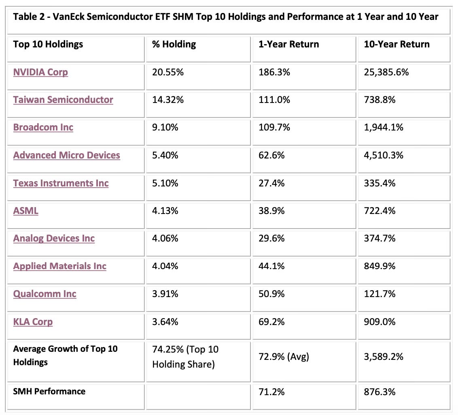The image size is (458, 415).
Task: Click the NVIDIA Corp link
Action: tap(40, 72)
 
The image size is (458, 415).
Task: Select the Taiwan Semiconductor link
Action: tap(63, 100)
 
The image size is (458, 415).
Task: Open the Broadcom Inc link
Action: tap(43, 127)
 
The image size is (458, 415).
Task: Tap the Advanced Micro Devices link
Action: tap(67, 155)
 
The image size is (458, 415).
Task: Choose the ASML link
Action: tap(26, 211)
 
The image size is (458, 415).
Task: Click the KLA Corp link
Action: tap(33, 322)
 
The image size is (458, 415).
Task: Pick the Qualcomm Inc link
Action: tap(45, 294)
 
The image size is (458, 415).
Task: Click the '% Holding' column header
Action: tap(174, 44)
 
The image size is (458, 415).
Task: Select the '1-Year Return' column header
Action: tap(289, 44)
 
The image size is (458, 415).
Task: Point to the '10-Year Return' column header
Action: tap(397, 44)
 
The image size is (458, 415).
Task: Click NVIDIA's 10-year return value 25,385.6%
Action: tap(386, 72)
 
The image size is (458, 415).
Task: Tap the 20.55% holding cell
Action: tap(168, 72)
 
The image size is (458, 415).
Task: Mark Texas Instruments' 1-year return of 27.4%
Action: tap(271, 183)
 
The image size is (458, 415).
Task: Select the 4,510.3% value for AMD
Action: tap(384, 155)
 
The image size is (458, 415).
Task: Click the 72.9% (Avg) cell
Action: tap(284, 357)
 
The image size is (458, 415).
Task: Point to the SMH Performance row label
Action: tap(49, 391)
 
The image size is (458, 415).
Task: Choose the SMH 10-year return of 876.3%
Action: tap(380, 391)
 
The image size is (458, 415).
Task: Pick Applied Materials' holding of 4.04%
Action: tap(165, 266)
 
